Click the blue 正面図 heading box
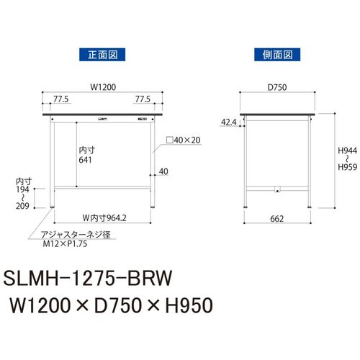102,55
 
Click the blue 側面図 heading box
277,55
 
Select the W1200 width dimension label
103,87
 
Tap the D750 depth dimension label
277,87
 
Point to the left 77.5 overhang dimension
60,99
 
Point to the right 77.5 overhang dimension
143,99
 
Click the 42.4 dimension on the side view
229,122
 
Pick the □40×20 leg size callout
184,140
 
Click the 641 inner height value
85,160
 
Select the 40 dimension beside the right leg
163,171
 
